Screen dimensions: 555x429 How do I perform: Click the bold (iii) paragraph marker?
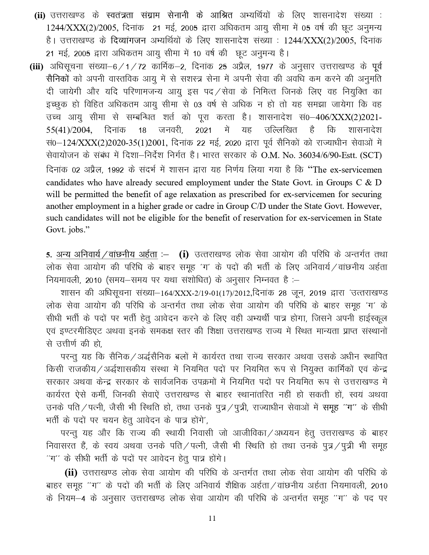pos(37,67)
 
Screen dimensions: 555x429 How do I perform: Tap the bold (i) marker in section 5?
pos(184,254)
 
